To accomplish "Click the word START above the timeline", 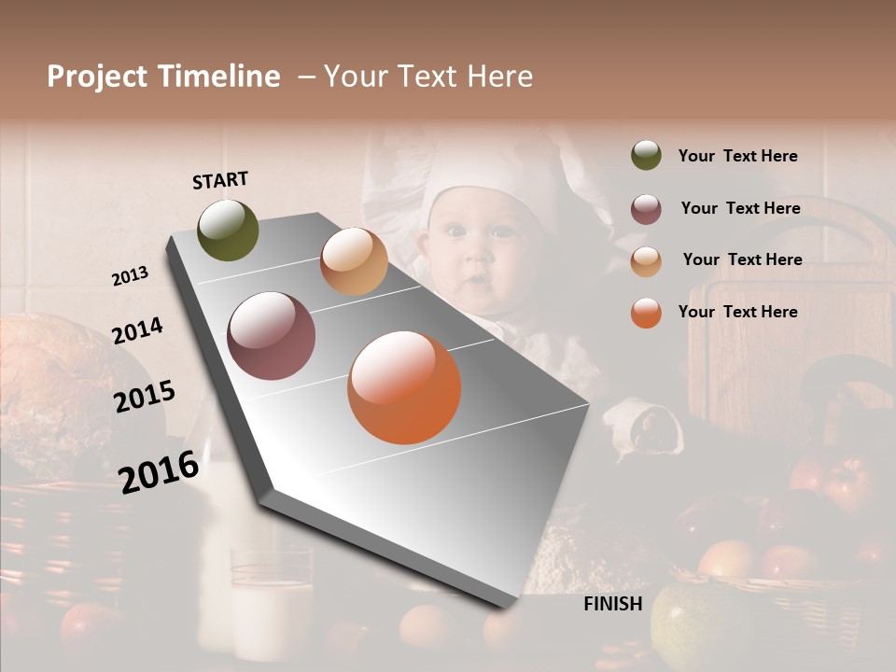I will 220,180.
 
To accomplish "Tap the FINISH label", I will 613,604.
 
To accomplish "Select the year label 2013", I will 130,276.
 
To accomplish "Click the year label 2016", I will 159,471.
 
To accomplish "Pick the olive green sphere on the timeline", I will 229,230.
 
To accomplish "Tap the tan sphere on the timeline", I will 354,261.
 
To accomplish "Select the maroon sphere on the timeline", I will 272,336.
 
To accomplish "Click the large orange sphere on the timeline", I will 404,387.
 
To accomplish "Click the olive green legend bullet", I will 646,155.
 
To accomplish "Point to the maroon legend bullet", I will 646,208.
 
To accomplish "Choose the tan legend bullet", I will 646,260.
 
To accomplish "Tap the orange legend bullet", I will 646,313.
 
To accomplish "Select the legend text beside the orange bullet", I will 738,312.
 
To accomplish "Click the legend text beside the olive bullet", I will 738,157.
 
